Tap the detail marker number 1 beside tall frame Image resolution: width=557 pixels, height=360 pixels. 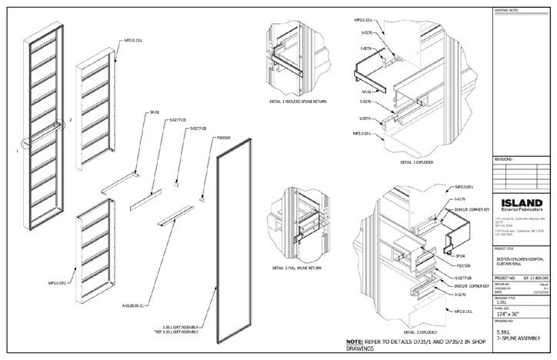tap(16, 152)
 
